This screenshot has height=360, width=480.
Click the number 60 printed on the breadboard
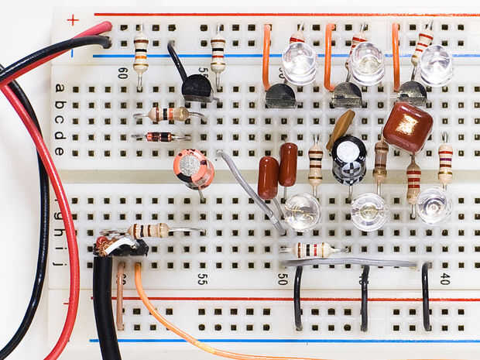(123, 74)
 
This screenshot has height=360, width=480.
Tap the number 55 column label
(202, 278)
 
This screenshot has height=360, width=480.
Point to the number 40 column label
(444, 279)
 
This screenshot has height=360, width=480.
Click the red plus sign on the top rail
(73, 19)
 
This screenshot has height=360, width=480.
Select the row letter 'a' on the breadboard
(60, 87)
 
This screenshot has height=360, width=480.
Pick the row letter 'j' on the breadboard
(59, 263)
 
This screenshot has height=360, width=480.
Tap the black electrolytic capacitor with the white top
(349, 159)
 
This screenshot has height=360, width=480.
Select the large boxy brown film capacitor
(407, 126)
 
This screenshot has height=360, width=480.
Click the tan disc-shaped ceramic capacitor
(341, 128)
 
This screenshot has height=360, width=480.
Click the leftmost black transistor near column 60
(197, 86)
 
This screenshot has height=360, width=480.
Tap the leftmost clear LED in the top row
(299, 63)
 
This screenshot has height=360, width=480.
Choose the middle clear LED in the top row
(366, 63)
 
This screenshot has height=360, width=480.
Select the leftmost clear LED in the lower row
(301, 211)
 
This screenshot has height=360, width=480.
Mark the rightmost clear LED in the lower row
(434, 205)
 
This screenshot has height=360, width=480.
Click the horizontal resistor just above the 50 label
(314, 249)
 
